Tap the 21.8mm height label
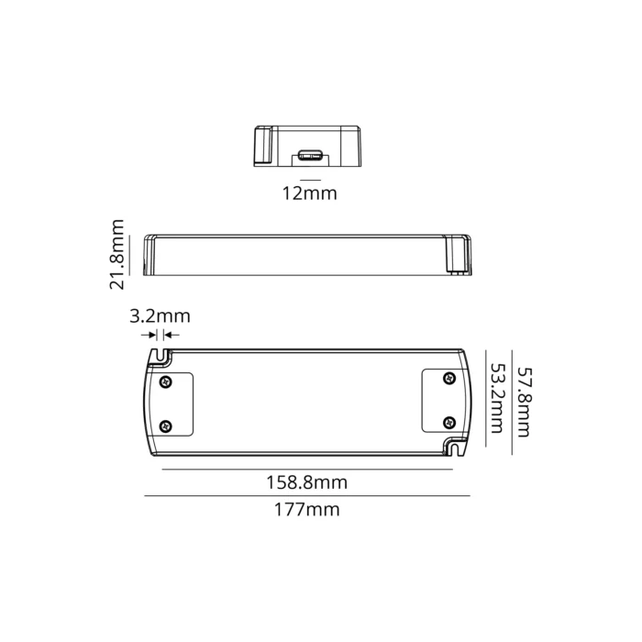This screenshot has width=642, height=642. (x=116, y=254)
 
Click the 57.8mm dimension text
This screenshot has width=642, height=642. (x=524, y=402)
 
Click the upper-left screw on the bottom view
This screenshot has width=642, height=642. (x=165, y=381)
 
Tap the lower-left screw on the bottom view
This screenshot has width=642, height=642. (x=165, y=425)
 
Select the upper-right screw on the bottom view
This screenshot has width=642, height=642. (x=448, y=380)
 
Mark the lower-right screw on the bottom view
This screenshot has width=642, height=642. (x=448, y=423)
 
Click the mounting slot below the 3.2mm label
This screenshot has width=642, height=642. (x=163, y=355)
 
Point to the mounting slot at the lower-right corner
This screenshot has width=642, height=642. (x=456, y=449)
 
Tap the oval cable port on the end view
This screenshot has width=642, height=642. (x=309, y=155)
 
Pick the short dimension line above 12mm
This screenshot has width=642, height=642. (x=310, y=177)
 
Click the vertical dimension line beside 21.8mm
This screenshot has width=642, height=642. (x=131, y=254)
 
